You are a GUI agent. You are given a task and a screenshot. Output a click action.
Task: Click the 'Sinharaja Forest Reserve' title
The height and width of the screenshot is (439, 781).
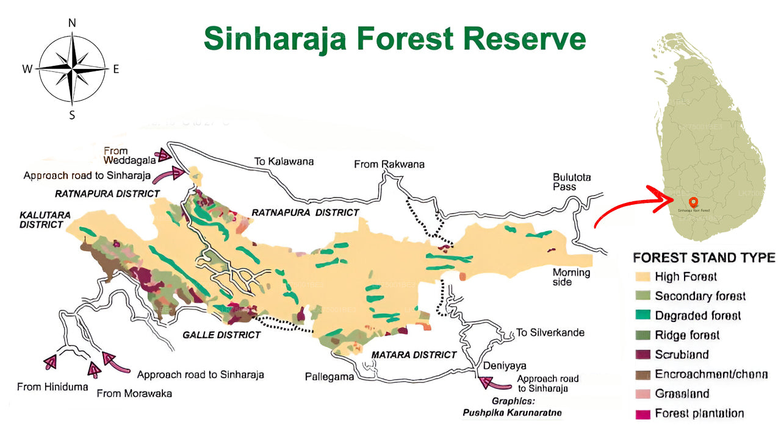(395, 38)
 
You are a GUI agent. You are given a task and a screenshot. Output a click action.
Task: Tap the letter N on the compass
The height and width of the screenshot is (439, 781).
(72, 23)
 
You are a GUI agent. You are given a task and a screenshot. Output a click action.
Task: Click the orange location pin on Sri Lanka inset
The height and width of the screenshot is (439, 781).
(692, 202)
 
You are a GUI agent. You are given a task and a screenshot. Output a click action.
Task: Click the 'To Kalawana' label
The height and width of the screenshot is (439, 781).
(284, 162)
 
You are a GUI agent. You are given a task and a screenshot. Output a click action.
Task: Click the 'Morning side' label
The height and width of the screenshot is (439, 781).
(571, 277)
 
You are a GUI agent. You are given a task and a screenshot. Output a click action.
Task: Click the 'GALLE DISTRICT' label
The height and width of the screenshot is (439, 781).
(221, 335)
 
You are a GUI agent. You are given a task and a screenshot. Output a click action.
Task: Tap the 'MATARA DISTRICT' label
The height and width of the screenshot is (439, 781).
(414, 354)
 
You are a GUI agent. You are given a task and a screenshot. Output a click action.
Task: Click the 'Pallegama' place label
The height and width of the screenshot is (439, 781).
(329, 377)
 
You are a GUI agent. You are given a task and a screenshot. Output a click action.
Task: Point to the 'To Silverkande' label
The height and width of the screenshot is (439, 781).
(550, 332)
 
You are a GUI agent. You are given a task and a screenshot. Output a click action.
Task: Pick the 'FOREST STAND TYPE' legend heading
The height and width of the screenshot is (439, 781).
(704, 257)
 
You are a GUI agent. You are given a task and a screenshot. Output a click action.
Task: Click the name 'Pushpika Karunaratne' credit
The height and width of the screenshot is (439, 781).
(511, 413)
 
